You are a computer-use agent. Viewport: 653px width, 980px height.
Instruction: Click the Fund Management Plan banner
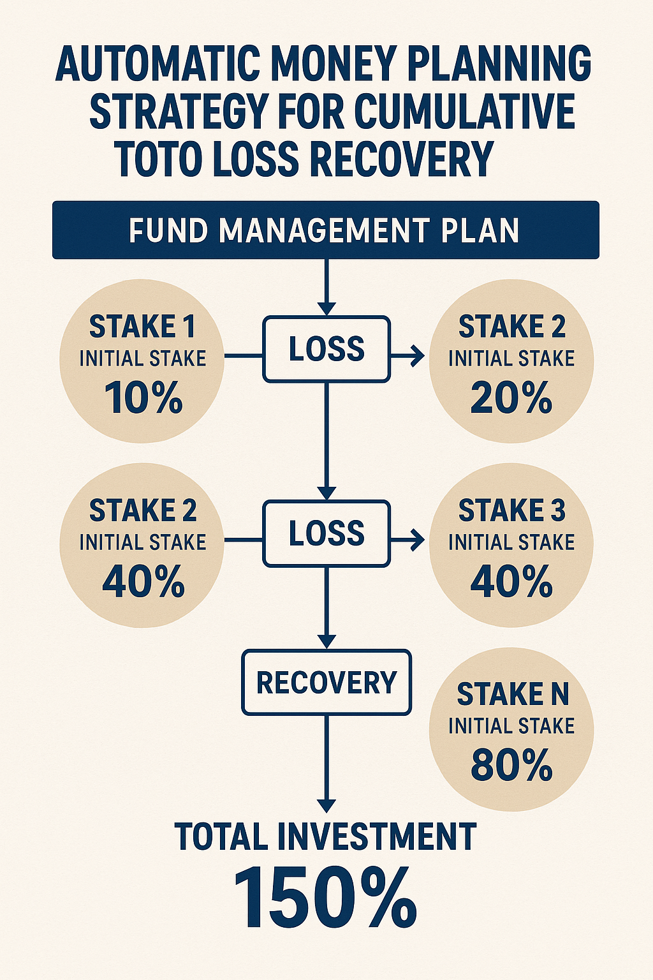[326, 230]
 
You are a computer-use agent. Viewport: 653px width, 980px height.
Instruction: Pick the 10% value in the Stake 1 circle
[143, 397]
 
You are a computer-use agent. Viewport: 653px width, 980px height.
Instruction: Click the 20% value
[511, 397]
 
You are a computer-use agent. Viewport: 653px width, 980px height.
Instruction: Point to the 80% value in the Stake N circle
[511, 765]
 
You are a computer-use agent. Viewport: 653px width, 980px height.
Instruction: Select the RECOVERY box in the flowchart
[326, 683]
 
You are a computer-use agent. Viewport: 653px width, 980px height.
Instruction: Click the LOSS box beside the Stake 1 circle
[326, 349]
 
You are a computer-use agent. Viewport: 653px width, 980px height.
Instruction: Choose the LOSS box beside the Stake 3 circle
[326, 533]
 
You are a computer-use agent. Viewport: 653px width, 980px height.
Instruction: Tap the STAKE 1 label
[142, 327]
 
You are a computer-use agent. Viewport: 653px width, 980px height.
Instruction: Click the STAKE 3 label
[511, 510]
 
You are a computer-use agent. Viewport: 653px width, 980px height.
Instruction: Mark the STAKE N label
[513, 694]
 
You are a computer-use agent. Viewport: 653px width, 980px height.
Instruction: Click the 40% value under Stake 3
[511, 581]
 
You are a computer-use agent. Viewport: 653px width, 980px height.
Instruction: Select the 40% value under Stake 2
[143, 581]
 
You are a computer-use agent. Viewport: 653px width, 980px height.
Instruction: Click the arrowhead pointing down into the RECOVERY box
[326, 641]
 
